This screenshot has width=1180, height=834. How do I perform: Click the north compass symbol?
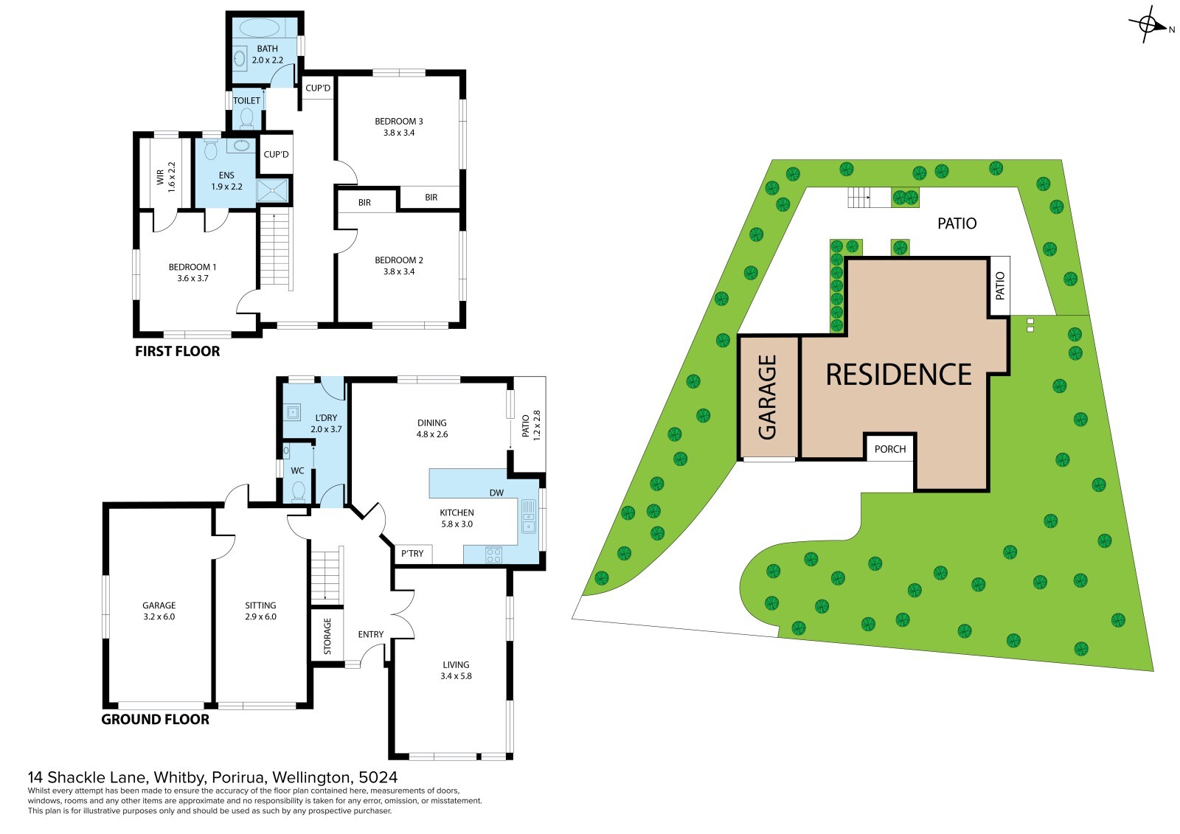[x=1149, y=24]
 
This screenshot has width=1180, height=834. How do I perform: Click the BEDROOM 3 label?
[x=399, y=121]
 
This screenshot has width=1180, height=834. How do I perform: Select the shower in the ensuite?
[x=272, y=191]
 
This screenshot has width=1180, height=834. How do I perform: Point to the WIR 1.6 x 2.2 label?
[x=166, y=176]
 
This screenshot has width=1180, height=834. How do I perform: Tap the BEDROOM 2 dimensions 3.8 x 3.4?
[x=399, y=272]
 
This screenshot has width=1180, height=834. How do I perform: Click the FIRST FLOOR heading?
[x=177, y=352]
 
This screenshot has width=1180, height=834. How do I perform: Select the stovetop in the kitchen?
[x=493, y=555]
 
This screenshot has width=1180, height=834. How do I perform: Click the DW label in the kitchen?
[x=496, y=493]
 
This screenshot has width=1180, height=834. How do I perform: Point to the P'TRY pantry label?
[x=412, y=553]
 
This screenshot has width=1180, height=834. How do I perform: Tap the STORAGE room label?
[x=327, y=636]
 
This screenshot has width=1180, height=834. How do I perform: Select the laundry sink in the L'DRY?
[x=294, y=412]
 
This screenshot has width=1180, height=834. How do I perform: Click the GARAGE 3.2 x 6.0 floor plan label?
[x=159, y=611]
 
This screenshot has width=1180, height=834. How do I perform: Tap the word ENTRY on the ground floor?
[x=371, y=634]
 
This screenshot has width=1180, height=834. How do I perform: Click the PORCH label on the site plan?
[x=890, y=449]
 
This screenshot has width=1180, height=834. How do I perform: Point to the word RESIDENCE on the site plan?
[x=899, y=375]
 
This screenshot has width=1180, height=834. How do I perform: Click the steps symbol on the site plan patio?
[x=858, y=198]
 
